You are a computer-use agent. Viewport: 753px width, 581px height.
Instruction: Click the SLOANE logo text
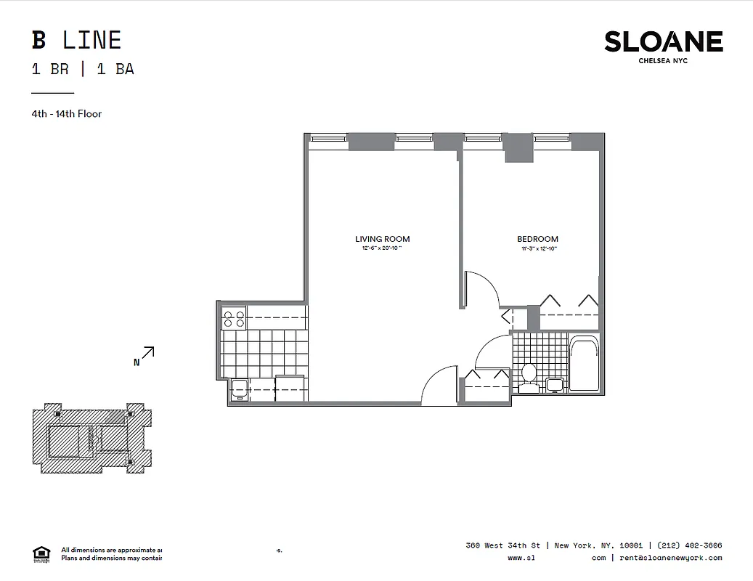(x=663, y=42)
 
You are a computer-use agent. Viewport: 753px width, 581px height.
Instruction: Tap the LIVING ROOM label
(x=382, y=239)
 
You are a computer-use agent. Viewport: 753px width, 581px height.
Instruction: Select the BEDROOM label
(x=537, y=239)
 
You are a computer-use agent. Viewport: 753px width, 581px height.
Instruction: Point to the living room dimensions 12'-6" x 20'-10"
(x=382, y=249)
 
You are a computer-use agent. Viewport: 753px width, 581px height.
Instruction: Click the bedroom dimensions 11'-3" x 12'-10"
(x=537, y=249)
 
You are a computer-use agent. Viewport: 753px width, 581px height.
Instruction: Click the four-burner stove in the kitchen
(x=234, y=317)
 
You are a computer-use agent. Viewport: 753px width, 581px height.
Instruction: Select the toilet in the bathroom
(x=529, y=376)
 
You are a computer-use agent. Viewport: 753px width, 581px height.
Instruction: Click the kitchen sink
(x=239, y=390)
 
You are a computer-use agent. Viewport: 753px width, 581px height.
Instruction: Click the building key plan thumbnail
(x=92, y=438)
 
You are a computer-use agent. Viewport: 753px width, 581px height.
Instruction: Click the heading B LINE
(x=76, y=40)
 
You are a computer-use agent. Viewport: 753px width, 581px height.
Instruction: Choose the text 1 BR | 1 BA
(x=82, y=70)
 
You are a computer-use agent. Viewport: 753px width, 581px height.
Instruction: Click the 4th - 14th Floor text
(x=66, y=113)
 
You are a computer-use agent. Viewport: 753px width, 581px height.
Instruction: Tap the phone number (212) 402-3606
(x=690, y=545)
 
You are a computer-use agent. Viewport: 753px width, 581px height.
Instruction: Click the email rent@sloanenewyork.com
(x=667, y=558)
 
